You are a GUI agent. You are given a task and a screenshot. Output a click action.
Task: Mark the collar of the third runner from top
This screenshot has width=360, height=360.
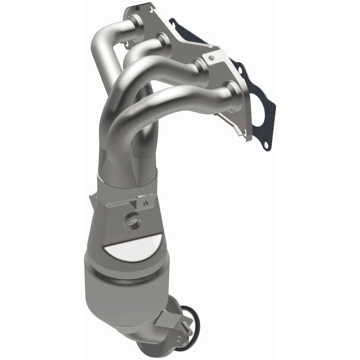click(201, 68)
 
